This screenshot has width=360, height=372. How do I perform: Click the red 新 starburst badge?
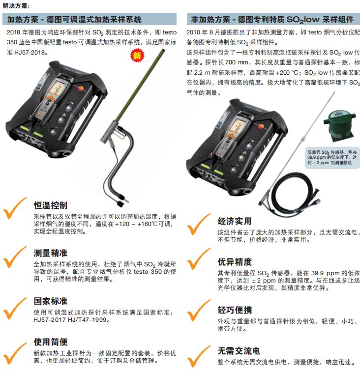pyautogui.click(x=137, y=56)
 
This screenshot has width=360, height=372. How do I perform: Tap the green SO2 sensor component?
pyautogui.click(x=340, y=126)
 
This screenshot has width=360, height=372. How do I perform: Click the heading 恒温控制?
pyautogui.click(x=50, y=205)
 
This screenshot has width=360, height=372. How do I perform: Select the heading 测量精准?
pyautogui.click(x=50, y=253)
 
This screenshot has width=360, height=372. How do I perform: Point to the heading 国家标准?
pyautogui.click(x=50, y=301)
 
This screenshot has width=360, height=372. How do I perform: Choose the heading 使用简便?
pyautogui.click(x=50, y=342)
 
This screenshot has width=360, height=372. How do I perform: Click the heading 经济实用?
pyautogui.click(x=235, y=221)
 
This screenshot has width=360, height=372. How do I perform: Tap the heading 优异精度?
pyautogui.click(x=235, y=262)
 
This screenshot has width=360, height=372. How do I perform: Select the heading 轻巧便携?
pyautogui.click(x=235, y=310)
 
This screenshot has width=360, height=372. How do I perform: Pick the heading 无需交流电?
pyautogui.click(x=239, y=351)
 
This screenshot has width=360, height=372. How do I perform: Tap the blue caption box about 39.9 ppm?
pyautogui.click(x=332, y=158)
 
